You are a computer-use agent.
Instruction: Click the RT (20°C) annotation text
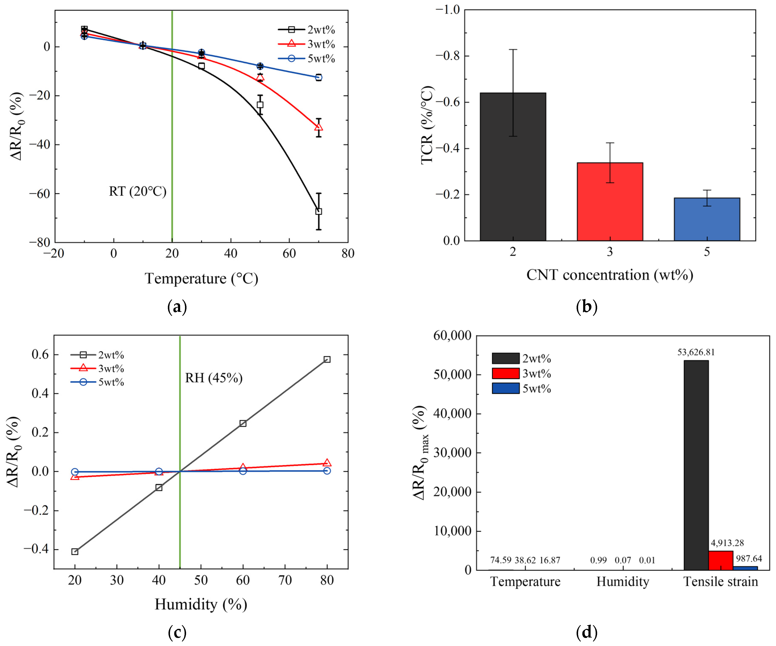point(137,191)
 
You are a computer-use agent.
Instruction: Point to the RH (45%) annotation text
point(214,378)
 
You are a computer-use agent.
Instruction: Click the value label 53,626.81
point(696,352)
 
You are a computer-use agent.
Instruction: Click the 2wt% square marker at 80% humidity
point(327,360)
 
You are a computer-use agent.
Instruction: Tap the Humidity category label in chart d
point(623,582)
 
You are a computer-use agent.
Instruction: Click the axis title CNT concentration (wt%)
point(610,275)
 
